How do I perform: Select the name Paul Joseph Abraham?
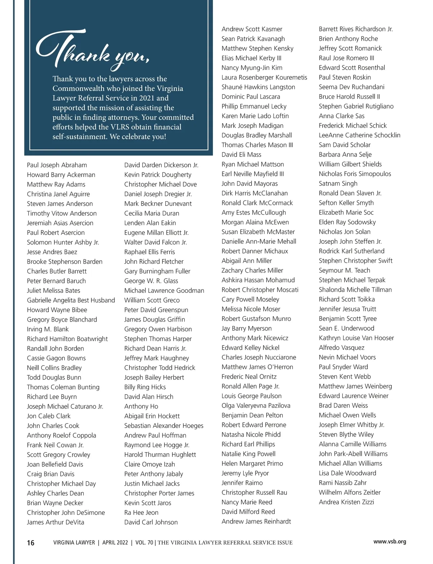57,165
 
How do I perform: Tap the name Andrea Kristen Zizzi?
346,502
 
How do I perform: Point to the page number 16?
31,543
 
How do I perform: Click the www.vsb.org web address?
390,542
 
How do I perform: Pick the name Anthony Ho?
141,406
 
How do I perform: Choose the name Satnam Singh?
338,184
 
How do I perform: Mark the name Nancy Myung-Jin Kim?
252,68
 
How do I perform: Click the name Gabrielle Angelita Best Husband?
71,300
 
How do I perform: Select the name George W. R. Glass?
151,281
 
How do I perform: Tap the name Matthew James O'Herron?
257,367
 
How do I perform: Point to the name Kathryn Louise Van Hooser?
356,338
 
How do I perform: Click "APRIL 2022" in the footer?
115,543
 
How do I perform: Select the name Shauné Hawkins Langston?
258,87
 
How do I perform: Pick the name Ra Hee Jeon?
141,513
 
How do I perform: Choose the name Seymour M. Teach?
344,270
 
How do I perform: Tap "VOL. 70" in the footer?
144,543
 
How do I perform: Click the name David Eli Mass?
241,155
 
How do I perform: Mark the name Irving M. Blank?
48,329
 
